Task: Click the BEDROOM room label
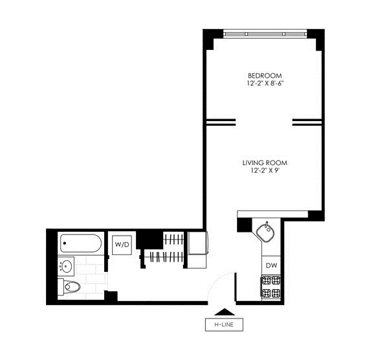click(265, 76)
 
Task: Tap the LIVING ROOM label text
click(265, 163)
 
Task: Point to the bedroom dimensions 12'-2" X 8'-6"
click(265, 84)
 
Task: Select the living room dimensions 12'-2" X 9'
click(265, 170)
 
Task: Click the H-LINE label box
click(224, 324)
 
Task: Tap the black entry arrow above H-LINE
click(225, 312)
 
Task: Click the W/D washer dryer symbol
click(122, 245)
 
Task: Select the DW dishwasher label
click(271, 265)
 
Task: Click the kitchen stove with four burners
click(271, 286)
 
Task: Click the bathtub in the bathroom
click(81, 243)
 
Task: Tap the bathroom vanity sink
click(66, 266)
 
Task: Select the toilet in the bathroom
click(69, 286)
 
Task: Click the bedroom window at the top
click(265, 34)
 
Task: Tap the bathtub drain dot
click(65, 243)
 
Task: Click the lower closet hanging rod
click(164, 257)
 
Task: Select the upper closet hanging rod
click(173, 239)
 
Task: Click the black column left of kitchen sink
click(245, 225)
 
